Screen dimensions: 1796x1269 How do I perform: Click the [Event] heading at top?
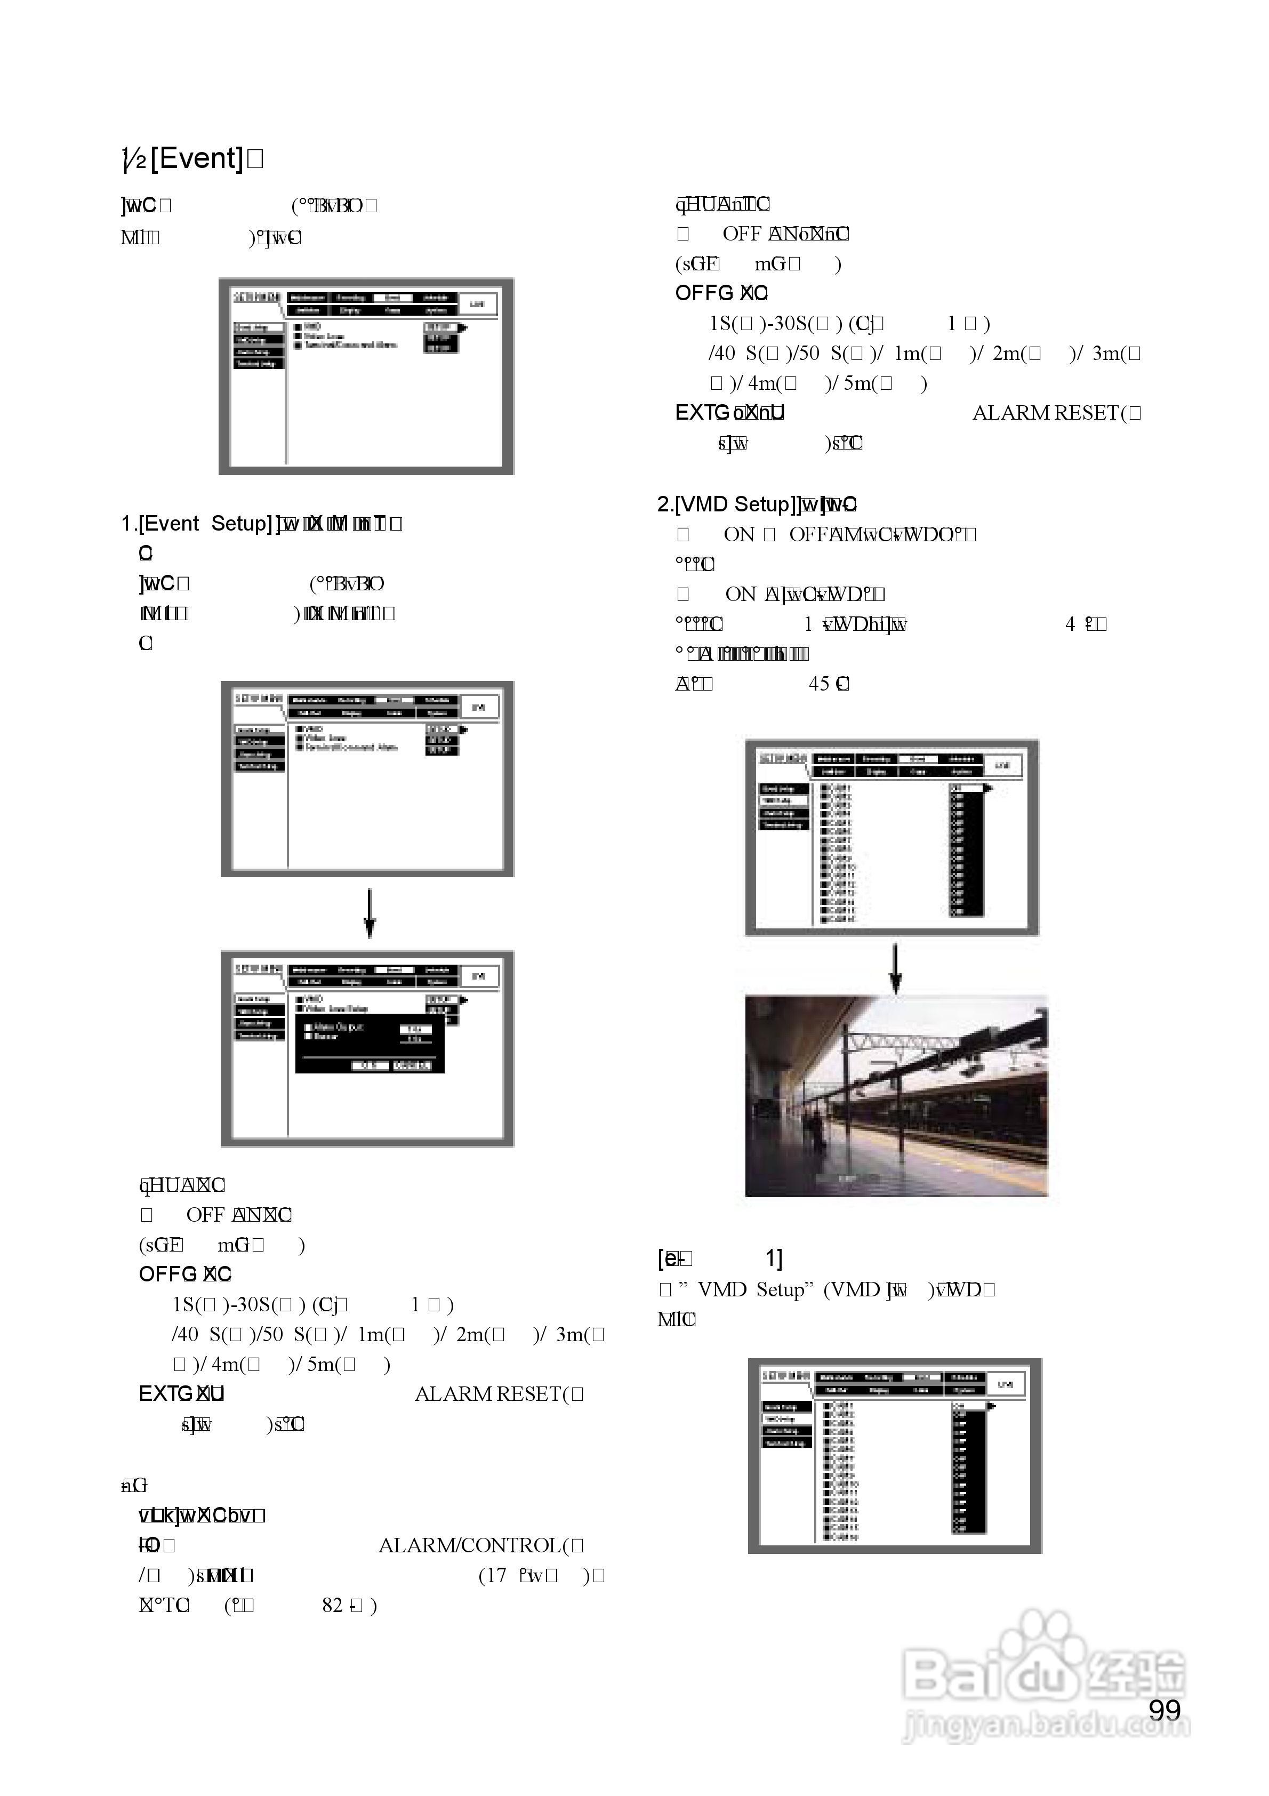(196, 159)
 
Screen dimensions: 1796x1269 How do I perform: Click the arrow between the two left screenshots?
(370, 913)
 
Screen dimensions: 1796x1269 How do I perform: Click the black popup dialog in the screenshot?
(370, 1044)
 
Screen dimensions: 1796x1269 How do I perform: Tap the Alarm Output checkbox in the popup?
(308, 1027)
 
